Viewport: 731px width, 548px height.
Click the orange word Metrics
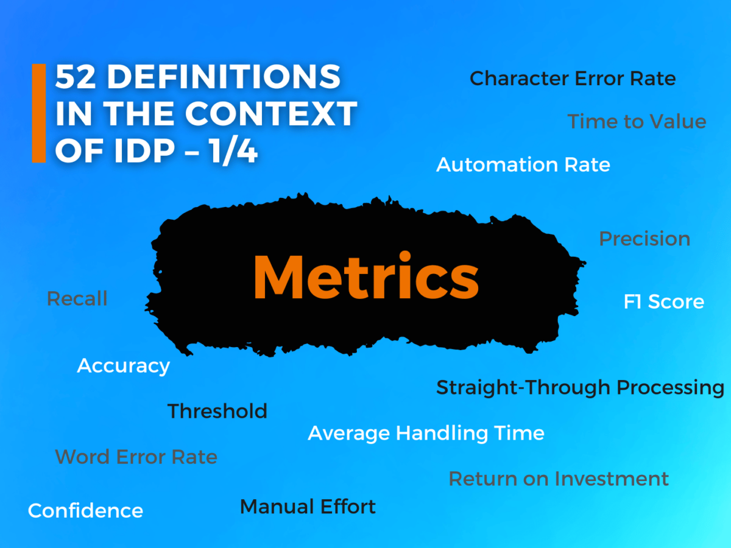coord(365,277)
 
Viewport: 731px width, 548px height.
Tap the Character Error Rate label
coord(573,79)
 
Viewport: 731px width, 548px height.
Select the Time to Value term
coord(637,122)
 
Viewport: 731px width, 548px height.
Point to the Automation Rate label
coord(523,164)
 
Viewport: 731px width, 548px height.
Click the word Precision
coord(644,239)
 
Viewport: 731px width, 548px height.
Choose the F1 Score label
coord(663,302)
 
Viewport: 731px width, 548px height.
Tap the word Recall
coord(77,299)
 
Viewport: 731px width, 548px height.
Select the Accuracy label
coord(123,366)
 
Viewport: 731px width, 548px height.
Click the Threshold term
coord(217,411)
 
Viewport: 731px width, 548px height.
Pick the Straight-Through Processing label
coord(580,388)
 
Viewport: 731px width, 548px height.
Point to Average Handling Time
coord(426,434)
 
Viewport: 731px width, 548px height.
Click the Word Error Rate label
coord(136,457)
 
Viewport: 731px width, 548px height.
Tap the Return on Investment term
coord(559,479)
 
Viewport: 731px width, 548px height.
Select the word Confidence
coord(85,510)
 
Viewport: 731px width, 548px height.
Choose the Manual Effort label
coord(308,507)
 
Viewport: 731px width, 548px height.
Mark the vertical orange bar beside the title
coord(39,114)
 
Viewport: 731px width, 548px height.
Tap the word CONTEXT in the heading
coord(271,114)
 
